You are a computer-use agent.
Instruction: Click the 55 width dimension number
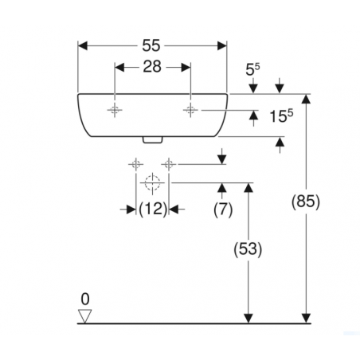tap(151, 45)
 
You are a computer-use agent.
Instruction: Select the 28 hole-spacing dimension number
tap(152, 67)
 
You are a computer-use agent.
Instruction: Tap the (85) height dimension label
tap(306, 202)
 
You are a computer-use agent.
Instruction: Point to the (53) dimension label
tap(248, 249)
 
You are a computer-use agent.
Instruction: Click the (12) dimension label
tap(153, 209)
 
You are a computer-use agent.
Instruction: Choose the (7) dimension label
tap(223, 209)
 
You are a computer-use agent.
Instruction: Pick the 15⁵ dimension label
tap(281, 116)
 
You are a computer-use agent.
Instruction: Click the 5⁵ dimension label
tap(252, 69)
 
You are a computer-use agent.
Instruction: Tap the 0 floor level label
tap(85, 299)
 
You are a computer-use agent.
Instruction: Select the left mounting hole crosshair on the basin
tap(115, 110)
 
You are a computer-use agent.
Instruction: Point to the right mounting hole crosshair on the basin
tap(190, 110)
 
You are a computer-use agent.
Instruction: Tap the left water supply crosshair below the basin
tap(136, 165)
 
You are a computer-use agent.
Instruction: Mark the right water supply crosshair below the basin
tap(169, 165)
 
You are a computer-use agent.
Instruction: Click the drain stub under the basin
tap(152, 140)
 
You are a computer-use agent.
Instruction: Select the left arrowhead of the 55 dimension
tap(83, 45)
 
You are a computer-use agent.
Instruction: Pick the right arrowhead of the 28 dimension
tap(186, 67)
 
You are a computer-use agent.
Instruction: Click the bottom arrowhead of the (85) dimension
tap(306, 319)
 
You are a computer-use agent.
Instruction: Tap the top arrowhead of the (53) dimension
tap(248, 188)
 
